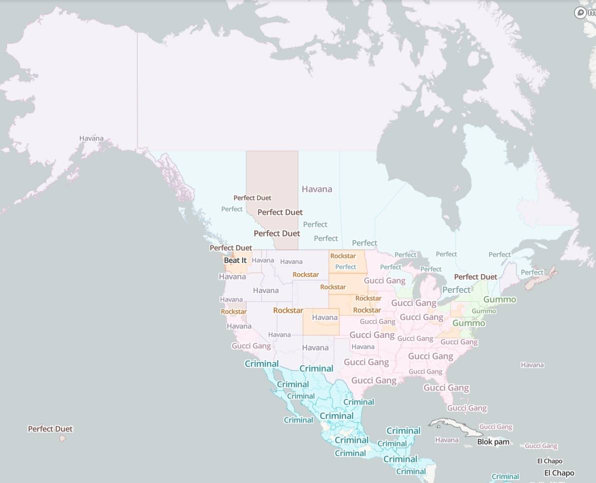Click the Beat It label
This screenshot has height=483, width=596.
click(235, 260)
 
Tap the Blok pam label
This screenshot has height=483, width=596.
click(493, 442)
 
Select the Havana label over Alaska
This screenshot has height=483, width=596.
click(91, 138)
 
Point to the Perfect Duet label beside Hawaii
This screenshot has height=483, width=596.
click(50, 429)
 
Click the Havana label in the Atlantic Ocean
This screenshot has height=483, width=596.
click(532, 365)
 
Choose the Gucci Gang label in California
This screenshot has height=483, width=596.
click(251, 346)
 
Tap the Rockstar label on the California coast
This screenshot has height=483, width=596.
click(233, 311)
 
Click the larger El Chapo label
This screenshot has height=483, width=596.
click(559, 473)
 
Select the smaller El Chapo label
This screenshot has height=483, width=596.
click(549, 461)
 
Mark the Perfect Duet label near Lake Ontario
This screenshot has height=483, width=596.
click(475, 277)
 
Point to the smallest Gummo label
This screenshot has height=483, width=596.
click(484, 311)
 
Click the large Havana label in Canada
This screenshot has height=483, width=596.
click(317, 189)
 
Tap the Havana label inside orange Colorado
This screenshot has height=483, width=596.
click(324, 317)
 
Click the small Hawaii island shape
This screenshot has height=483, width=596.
click(62, 438)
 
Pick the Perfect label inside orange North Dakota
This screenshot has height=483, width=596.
click(345, 267)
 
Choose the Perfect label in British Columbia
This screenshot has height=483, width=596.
click(232, 209)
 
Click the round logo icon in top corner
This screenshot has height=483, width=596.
click(580, 12)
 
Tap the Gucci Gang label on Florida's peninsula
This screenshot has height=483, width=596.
click(466, 408)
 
